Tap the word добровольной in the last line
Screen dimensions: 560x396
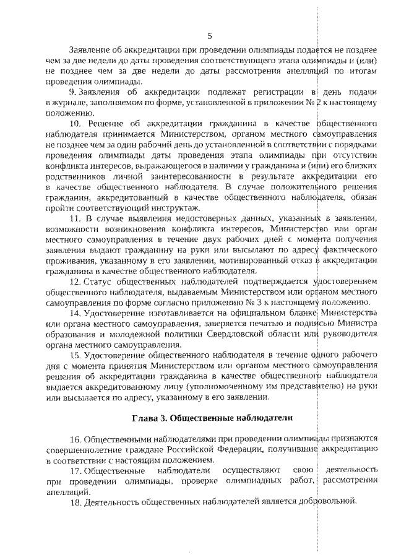coord(329,501)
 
